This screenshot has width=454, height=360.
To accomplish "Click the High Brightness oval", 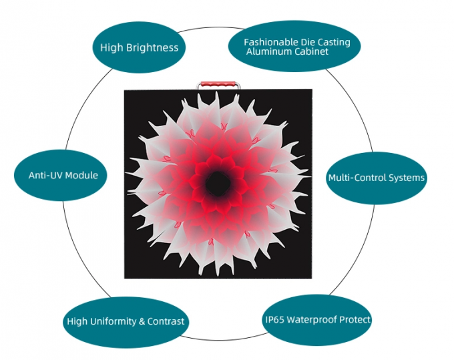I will click(x=139, y=48).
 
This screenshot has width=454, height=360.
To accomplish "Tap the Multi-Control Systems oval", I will click(x=376, y=178).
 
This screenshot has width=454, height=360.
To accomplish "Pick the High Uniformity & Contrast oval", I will click(x=126, y=321).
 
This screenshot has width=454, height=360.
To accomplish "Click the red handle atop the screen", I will click(x=217, y=85).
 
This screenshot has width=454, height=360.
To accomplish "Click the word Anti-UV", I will click(x=44, y=176).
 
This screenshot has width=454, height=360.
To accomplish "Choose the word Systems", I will click(x=406, y=178).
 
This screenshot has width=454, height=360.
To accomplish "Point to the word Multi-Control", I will click(x=357, y=178).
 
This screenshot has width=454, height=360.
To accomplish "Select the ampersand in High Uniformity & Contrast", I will click(x=141, y=322).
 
